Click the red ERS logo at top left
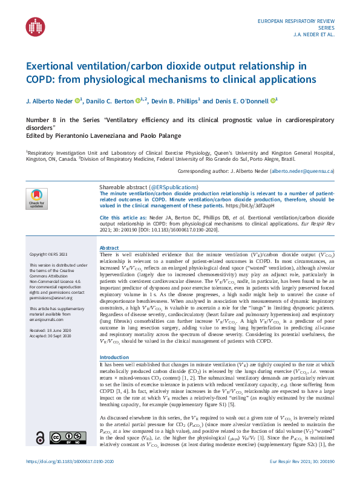(35, 26)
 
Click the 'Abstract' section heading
(109, 248)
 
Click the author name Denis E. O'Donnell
(243, 101)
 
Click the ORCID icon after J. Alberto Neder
(77, 100)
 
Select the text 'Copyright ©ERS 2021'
(48, 271)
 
